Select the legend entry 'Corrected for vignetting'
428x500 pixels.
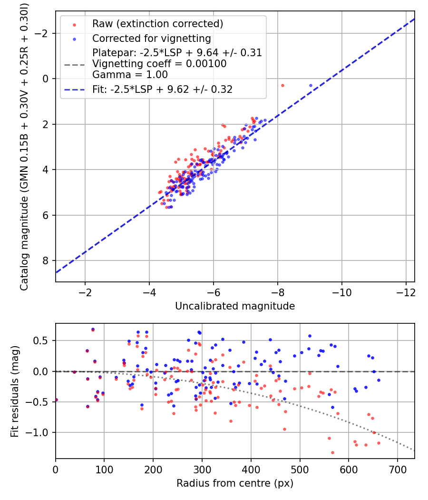click(151, 38)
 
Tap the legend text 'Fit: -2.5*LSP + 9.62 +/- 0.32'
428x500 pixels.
click(162, 89)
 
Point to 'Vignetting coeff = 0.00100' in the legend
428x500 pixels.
click(159, 64)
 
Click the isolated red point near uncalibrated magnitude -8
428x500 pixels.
click(282, 85)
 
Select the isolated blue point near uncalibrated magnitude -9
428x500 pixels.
click(311, 85)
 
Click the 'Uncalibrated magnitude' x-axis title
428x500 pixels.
click(235, 306)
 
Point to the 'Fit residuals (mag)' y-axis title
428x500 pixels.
click(15, 391)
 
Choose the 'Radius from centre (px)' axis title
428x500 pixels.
click(235, 484)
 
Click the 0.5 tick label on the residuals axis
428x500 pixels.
click(43, 341)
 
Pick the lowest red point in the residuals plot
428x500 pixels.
click(332, 452)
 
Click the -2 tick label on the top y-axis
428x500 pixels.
click(44, 33)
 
